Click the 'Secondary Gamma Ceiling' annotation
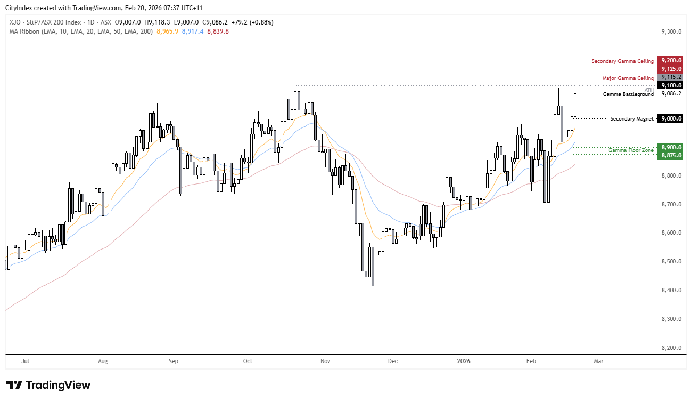(x=622, y=61)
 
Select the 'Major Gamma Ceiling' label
(x=628, y=78)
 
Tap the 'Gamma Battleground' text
(x=628, y=94)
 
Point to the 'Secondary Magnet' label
(x=632, y=118)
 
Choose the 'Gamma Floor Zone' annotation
(x=631, y=150)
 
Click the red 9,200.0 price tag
(x=671, y=61)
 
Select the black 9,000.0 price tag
(x=671, y=118)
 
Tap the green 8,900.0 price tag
(x=671, y=147)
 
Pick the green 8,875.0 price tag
(x=671, y=155)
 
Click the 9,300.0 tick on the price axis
(x=671, y=32)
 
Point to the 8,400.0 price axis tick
(x=671, y=290)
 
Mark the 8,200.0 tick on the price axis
(x=671, y=348)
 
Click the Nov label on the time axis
(x=326, y=361)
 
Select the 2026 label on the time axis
(x=464, y=361)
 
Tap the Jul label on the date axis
(x=25, y=361)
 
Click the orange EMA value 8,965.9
(x=167, y=31)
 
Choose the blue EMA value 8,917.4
(x=193, y=31)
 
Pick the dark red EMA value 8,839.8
(x=218, y=31)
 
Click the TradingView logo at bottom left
(x=48, y=385)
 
